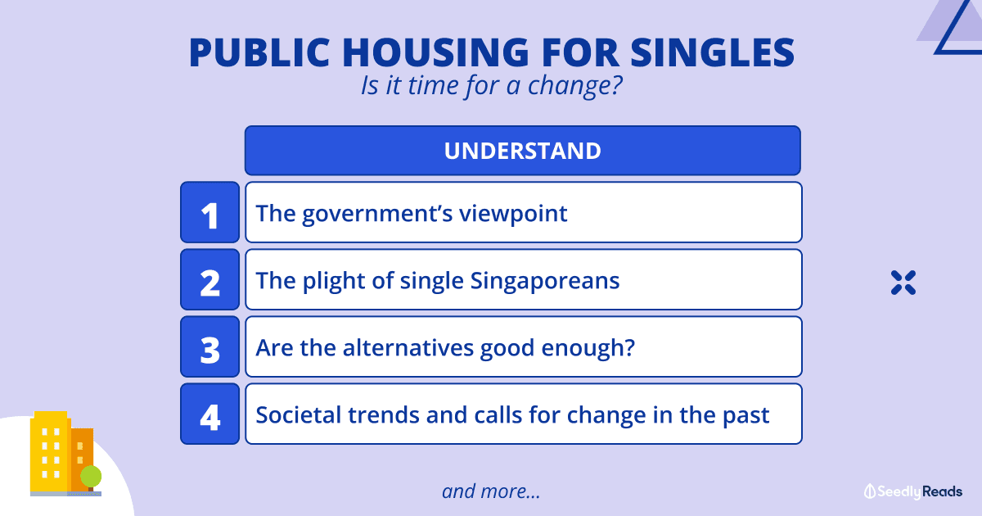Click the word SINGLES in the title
(x=713, y=52)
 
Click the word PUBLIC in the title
(x=259, y=52)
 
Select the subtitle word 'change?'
(x=574, y=85)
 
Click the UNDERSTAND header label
(x=523, y=151)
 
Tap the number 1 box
(x=210, y=212)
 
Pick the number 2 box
(x=210, y=279)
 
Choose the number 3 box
(x=210, y=346)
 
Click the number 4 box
(x=210, y=414)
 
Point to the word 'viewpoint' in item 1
(x=513, y=214)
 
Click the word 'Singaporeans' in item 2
(x=545, y=281)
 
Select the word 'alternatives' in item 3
(x=408, y=348)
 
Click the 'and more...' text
(x=491, y=491)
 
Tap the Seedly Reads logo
(x=913, y=491)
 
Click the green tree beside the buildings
(x=91, y=477)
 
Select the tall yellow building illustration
(x=50, y=451)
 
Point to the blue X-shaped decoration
(x=903, y=283)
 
